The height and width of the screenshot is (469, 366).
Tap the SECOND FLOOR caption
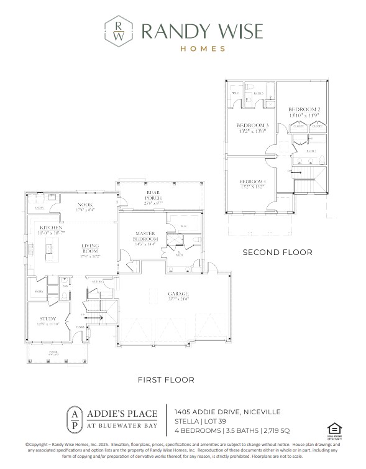(x=277, y=252)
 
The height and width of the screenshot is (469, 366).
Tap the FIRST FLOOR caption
(x=165, y=379)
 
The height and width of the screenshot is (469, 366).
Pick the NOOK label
(x=86, y=205)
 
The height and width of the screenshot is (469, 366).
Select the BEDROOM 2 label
(x=304, y=110)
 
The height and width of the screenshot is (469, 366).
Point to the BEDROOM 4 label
(x=252, y=183)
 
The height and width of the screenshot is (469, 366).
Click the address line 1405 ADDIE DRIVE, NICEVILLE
(x=227, y=411)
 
